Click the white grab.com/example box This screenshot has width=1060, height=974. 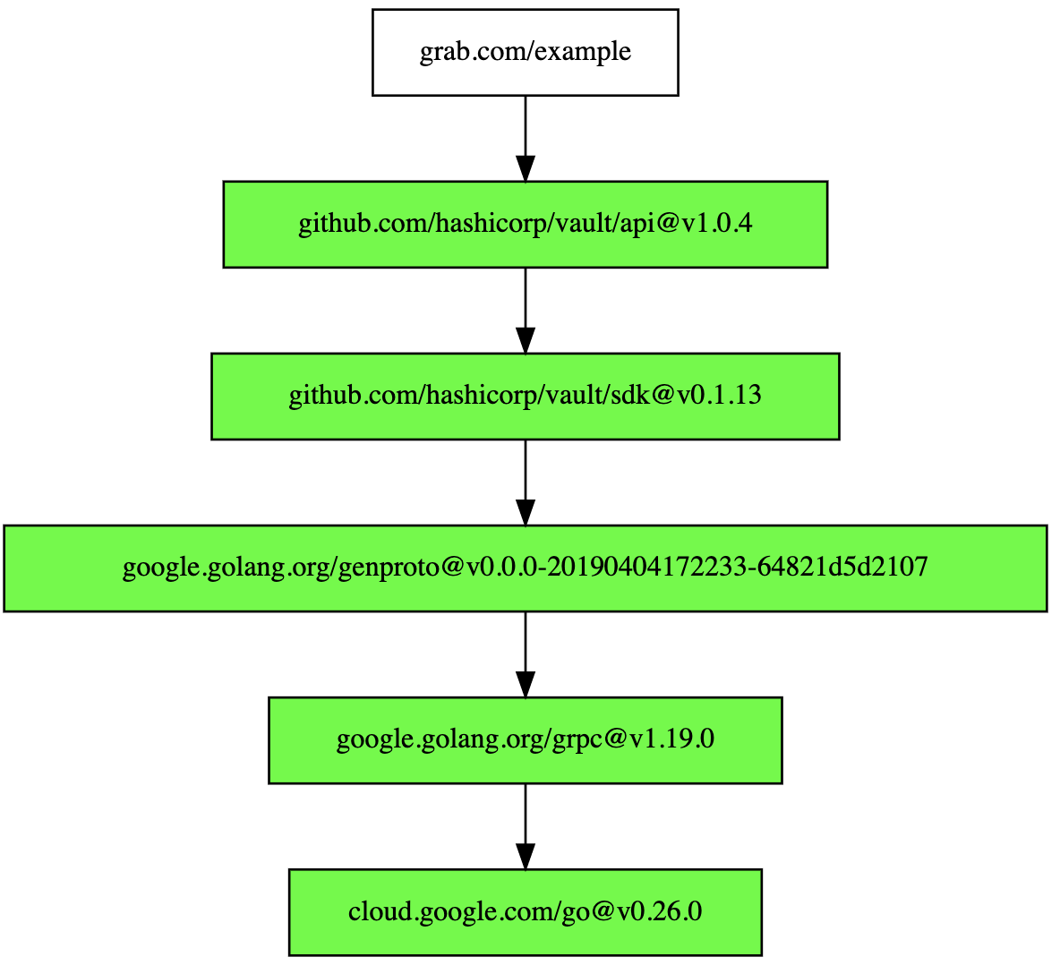pyautogui.click(x=526, y=52)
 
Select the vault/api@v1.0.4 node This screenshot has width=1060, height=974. pyautogui.click(x=526, y=225)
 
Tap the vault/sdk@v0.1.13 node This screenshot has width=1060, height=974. pyautogui.click(x=526, y=396)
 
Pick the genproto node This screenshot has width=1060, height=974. pyautogui.click(x=526, y=568)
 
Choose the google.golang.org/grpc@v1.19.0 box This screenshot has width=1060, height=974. pyautogui.click(x=526, y=740)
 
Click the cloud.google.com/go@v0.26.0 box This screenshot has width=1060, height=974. pyautogui.click(x=526, y=912)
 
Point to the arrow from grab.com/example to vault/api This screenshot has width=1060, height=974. pyautogui.click(x=526, y=139)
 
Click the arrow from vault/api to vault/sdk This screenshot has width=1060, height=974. pyautogui.click(x=526, y=311)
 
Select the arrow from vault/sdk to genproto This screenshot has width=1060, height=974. pyautogui.click(x=526, y=483)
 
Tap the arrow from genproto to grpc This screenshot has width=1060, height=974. pyautogui.click(x=526, y=654)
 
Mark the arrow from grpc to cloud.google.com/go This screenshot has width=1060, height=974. pyautogui.click(x=526, y=826)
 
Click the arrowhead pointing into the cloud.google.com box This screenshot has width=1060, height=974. pyautogui.click(x=526, y=857)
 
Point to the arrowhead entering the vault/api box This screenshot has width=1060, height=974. pyautogui.click(x=526, y=168)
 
